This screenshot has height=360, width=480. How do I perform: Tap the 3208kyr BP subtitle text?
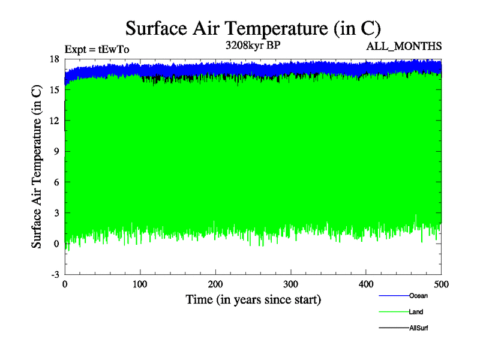pyautogui.click(x=253, y=45)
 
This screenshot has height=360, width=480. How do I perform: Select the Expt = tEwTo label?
pyautogui.click(x=97, y=50)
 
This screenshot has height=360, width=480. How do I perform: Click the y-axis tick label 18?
pyautogui.click(x=54, y=59)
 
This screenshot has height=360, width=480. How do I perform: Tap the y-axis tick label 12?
pyautogui.click(x=54, y=121)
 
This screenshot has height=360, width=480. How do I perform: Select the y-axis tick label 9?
pyautogui.click(x=56, y=152)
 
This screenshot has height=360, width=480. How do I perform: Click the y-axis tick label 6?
pyautogui.click(x=56, y=182)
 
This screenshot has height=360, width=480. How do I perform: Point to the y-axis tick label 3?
pyautogui.click(x=56, y=213)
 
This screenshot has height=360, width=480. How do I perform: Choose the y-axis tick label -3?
pyautogui.click(x=55, y=274)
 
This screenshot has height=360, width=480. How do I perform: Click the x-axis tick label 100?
pyautogui.click(x=140, y=283)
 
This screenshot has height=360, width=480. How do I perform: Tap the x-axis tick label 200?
pyautogui.click(x=215, y=283)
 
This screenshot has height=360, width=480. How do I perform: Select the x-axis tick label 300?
pyautogui.click(x=291, y=283)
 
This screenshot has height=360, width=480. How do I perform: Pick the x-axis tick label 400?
pyautogui.click(x=366, y=283)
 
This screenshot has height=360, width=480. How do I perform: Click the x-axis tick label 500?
pyautogui.click(x=441, y=283)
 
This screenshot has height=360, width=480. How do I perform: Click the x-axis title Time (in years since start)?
pyautogui.click(x=253, y=299)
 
